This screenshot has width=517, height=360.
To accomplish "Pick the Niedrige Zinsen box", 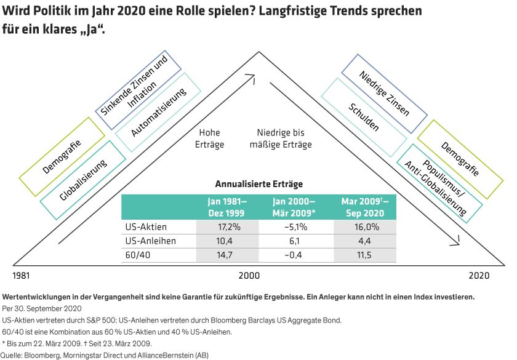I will click(x=384, y=94).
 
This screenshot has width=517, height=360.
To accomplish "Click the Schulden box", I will click(x=363, y=115).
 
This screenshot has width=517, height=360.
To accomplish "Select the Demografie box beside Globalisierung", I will click(x=63, y=156).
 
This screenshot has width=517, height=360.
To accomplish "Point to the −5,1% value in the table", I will click(x=295, y=226).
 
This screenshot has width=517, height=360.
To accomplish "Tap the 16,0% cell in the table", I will click(x=365, y=226).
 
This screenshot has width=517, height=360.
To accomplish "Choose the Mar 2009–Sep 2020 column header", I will click(x=365, y=207).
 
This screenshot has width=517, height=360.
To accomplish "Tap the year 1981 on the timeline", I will click(x=22, y=275).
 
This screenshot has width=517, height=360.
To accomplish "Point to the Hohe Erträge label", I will click(x=209, y=138).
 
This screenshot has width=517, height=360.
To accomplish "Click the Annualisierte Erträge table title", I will click(x=258, y=183).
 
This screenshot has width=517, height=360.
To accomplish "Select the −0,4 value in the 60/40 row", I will click(x=295, y=255).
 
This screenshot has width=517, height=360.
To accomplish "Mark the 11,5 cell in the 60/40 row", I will click(x=365, y=255).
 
